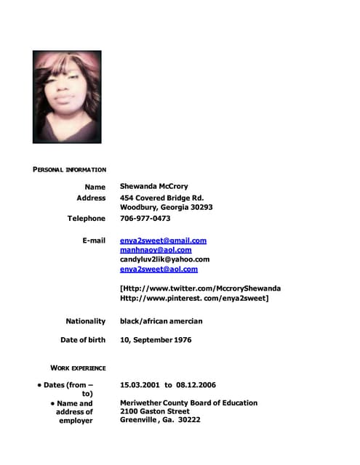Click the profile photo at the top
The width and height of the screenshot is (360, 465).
[x=67, y=97]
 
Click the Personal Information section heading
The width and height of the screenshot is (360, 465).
[x=69, y=169]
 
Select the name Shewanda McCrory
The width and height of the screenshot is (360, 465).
[x=153, y=187]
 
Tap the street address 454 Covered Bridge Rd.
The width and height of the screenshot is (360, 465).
[x=161, y=198]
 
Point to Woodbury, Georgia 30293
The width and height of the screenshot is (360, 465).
[x=166, y=207]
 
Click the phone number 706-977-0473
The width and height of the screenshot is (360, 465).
[x=145, y=218]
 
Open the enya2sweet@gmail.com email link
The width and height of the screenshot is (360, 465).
[x=163, y=240]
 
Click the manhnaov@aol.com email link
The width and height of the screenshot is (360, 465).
[x=156, y=250]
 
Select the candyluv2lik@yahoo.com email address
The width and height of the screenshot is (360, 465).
[x=164, y=259]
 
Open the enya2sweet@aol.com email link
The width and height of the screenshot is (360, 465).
[x=159, y=269]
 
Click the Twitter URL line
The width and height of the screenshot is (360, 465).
[x=200, y=288]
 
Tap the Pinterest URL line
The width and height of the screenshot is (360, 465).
[x=194, y=298]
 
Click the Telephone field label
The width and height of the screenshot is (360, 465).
[x=87, y=218]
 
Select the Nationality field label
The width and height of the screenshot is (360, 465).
[x=85, y=320]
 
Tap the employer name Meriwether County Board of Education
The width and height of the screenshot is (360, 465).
[x=188, y=403]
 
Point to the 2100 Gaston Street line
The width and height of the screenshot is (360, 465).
[x=154, y=411]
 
